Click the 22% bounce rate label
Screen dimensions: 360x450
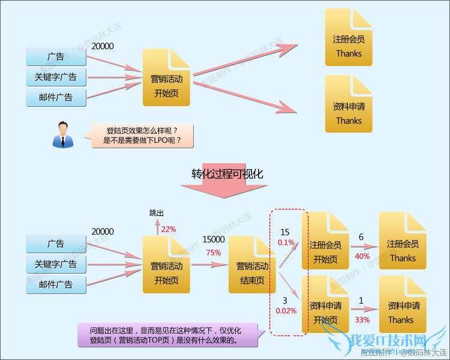pos(169,229)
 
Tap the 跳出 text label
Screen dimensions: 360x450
pos(157,213)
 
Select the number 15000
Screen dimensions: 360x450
pos(214,239)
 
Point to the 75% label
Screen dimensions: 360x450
pos(214,253)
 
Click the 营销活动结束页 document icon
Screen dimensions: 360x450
pos(251,265)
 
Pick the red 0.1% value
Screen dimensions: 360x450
pos(286,242)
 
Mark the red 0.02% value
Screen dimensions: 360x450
pos(286,311)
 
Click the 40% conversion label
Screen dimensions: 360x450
pos(362,256)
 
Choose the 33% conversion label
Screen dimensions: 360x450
pos(362,319)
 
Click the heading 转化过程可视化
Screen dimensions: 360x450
pos(227,174)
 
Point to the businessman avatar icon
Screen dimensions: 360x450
pos(62,134)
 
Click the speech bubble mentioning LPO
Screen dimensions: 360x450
pos(143,136)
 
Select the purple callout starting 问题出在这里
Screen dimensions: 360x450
pos(168,335)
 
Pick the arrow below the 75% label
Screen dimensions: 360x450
pos(209,264)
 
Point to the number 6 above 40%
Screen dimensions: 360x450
pos(361,237)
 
